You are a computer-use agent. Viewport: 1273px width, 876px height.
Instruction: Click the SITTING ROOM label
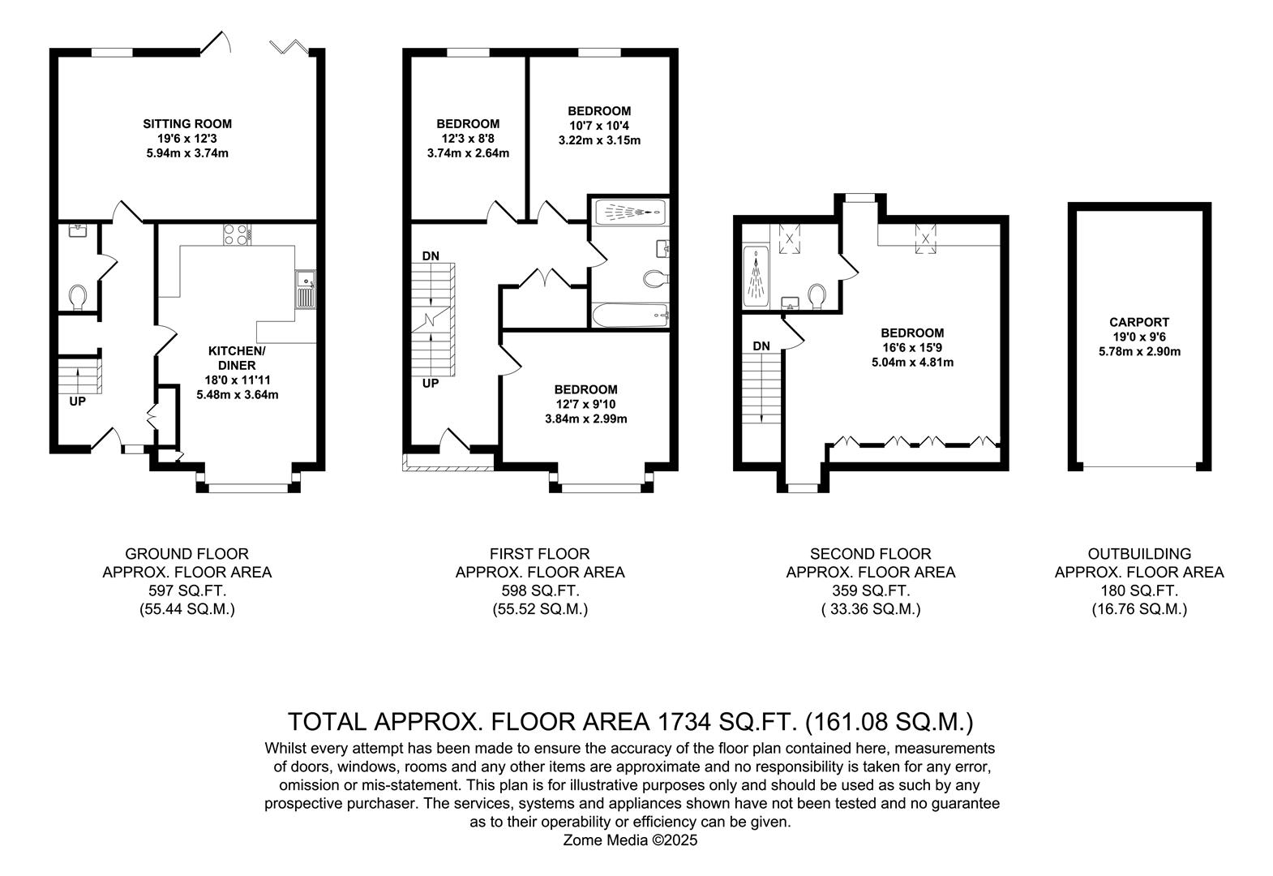coord(187,124)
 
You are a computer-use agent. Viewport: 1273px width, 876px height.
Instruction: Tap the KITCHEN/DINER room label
coord(237,359)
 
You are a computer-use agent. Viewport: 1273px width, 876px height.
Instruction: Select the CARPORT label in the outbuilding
coord(1139,322)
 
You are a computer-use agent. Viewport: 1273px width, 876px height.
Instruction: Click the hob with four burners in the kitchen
coord(237,234)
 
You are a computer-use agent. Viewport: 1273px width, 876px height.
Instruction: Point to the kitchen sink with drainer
coord(306,289)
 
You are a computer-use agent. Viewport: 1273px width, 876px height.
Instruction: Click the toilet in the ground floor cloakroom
coord(77,297)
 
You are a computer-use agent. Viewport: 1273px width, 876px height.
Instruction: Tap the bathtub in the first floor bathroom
coord(630,315)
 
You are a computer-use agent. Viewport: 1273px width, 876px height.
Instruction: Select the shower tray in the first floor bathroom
coord(630,213)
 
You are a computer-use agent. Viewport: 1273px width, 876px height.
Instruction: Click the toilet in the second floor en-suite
coord(817,296)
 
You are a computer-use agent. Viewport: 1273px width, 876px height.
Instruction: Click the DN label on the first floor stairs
coord(431,255)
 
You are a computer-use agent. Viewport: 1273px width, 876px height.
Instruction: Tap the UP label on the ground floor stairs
coord(77,401)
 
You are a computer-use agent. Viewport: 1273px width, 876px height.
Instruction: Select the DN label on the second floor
coord(761,346)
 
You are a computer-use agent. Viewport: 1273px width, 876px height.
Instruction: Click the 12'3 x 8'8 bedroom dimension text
coord(468,139)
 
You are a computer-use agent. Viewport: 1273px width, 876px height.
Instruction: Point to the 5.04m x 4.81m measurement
coord(912,362)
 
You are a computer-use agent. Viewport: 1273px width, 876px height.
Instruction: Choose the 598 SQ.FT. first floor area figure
coord(539,590)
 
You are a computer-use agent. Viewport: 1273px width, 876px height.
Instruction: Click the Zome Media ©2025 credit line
coord(630,840)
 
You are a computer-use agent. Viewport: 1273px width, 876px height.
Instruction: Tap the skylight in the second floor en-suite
coord(789,238)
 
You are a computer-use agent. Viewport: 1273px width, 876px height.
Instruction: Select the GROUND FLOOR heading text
coord(186,554)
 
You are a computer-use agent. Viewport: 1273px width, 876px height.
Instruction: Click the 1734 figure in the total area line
coord(684,722)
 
